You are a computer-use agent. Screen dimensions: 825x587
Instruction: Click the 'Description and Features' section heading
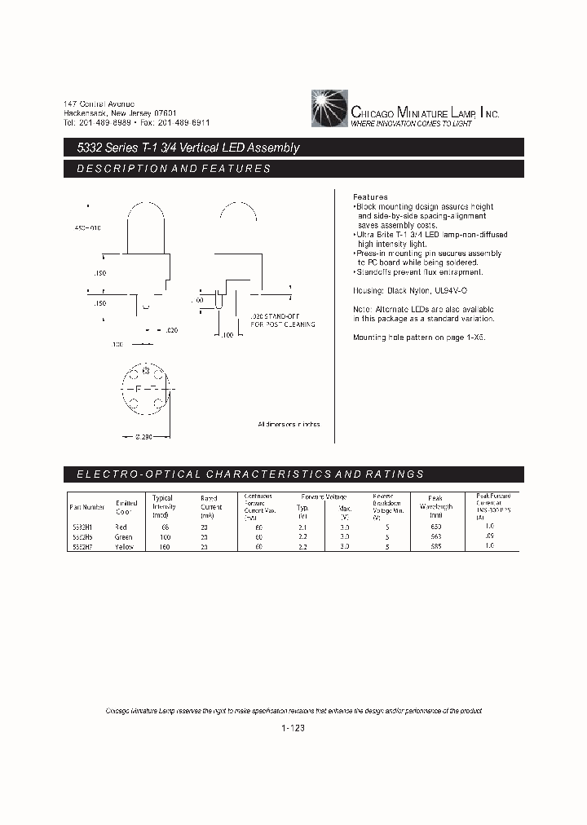(x=173, y=169)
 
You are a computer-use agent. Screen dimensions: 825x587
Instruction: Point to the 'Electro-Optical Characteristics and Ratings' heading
(x=249, y=474)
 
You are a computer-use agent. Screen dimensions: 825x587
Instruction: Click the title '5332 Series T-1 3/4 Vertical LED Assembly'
(x=182, y=148)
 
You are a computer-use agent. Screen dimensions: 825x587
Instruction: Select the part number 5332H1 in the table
(x=83, y=527)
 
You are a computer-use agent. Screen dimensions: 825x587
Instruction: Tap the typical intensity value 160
(x=162, y=547)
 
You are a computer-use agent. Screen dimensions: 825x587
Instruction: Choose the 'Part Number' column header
(x=87, y=507)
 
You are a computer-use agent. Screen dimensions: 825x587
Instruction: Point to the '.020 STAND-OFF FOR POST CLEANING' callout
(x=282, y=320)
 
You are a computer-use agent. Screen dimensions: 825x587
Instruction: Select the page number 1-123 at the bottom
(x=293, y=729)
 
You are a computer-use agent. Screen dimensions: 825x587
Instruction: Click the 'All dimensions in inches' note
(x=289, y=425)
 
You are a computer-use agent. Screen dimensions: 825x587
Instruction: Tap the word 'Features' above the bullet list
(x=369, y=197)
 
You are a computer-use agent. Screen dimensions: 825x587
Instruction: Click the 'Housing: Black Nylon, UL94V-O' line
(x=410, y=291)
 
